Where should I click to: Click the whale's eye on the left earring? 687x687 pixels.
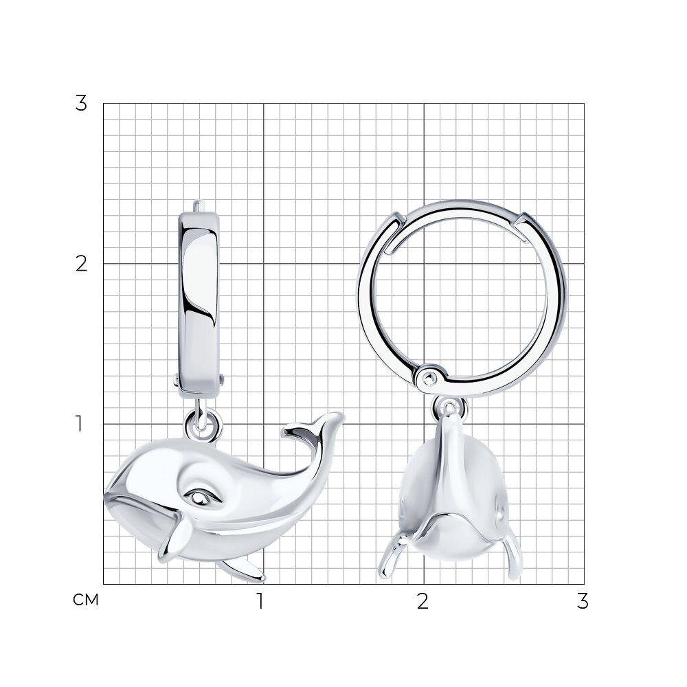203,497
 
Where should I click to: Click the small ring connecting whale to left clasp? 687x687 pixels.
203,425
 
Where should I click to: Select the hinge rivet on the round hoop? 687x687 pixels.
429,377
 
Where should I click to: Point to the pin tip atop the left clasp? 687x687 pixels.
199,206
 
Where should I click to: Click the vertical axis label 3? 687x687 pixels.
81,104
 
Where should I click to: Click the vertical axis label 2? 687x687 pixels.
81,264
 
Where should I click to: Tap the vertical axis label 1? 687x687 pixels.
79,424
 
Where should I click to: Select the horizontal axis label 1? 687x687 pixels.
260,601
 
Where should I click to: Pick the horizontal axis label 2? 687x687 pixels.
423,601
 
